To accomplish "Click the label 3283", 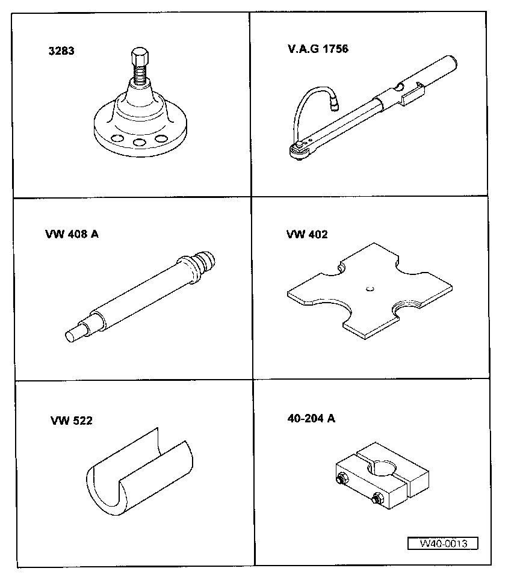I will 61,51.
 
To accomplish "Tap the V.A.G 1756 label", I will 318,49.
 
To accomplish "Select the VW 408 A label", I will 71,234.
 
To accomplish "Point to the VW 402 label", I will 307,234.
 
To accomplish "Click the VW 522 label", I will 72,421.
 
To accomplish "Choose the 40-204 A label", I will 311,418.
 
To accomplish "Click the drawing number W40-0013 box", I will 442,543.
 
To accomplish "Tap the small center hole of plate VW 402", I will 368,288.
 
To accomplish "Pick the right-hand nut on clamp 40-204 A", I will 378,498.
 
